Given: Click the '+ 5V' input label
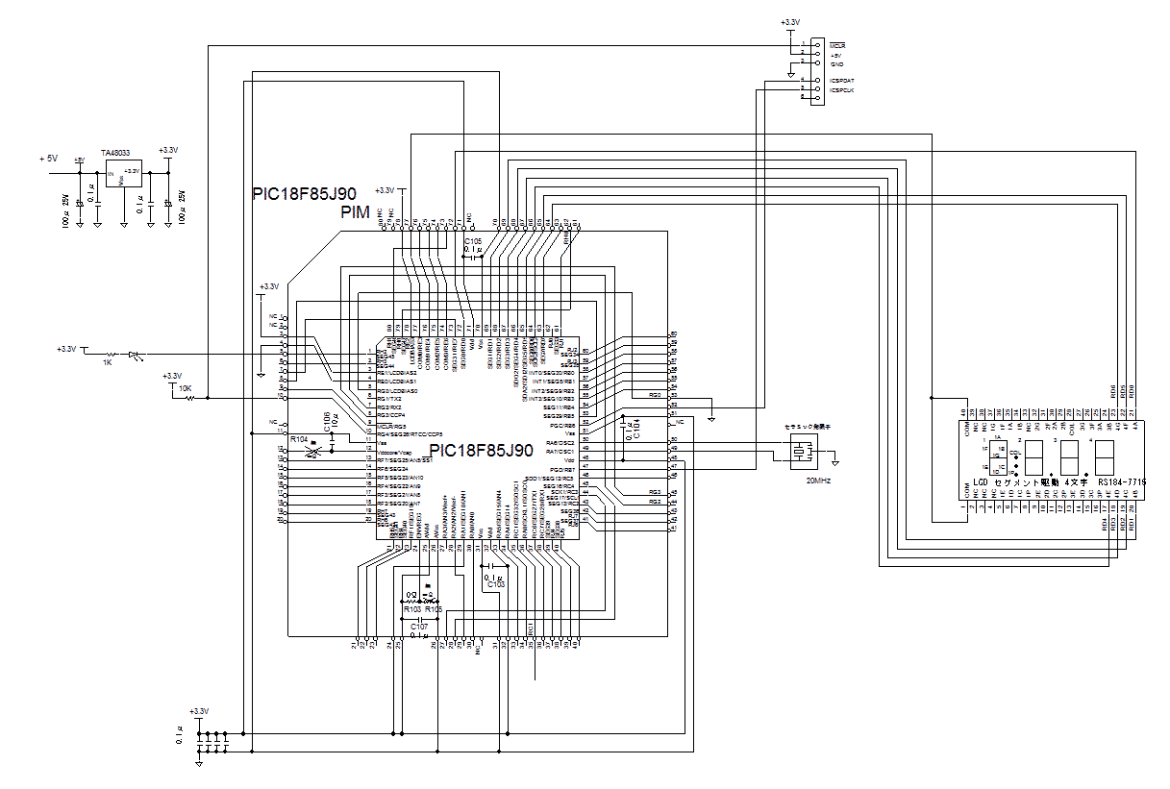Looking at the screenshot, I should [49, 158].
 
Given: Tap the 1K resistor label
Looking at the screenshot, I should [107, 363].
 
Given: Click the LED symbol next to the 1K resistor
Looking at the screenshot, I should [135, 355].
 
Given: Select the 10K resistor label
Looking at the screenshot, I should [186, 389].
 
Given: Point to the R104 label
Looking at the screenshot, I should [300, 439].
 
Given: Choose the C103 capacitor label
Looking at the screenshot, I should [496, 584].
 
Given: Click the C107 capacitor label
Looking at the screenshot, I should [419, 626].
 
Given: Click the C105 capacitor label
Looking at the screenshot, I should [472, 240].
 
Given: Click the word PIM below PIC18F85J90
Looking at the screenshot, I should [356, 211].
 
